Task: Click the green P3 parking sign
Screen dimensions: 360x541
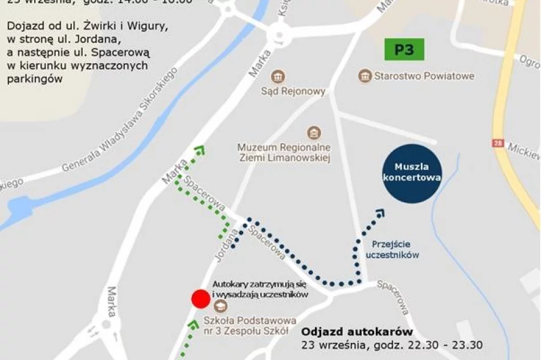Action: [405, 50]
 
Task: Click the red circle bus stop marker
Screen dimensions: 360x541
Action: [200, 298]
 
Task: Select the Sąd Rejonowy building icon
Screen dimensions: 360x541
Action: [278, 77]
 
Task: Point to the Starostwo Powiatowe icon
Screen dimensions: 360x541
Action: [364, 76]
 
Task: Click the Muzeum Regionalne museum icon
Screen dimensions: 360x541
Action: [313, 133]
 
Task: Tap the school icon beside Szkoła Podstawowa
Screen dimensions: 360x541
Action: [216, 306]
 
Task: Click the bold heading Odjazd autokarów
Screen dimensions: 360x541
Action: [357, 332]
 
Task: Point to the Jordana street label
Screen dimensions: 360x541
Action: [226, 246]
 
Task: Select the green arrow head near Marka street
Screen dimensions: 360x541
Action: [199, 150]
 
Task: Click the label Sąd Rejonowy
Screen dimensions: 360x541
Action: [301, 91]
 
